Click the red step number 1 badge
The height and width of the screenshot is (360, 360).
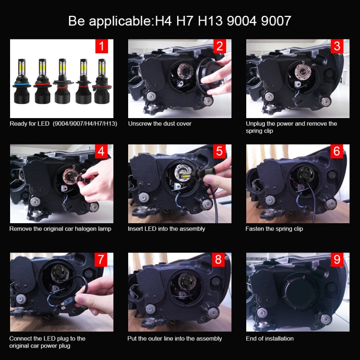coord(101,46)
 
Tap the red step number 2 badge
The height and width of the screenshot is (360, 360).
coord(219,46)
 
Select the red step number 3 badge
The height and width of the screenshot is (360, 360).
coord(337,46)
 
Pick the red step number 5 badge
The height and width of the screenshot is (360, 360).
coord(219,152)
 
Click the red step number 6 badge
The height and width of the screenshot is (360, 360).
coord(337,152)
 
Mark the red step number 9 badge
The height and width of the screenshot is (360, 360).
coord(337,260)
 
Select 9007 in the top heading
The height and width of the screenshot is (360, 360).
coord(273,21)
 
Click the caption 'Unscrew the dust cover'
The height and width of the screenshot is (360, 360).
coord(159,124)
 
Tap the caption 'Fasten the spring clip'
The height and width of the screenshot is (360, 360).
coord(274,229)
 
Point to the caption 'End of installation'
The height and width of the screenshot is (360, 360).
coord(269,338)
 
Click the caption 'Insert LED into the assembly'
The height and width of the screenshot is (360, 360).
coord(166,229)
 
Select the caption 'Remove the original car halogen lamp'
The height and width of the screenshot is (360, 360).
coord(60,229)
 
